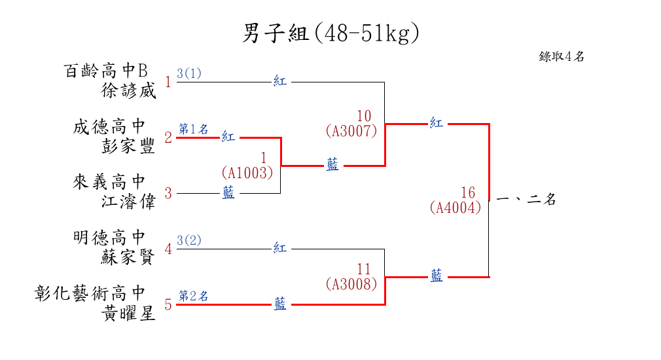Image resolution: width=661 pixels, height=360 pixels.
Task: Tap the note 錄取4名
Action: [562, 57]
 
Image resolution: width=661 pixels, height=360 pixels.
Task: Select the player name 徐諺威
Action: [129, 91]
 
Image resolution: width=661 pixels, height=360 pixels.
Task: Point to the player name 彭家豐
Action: [129, 146]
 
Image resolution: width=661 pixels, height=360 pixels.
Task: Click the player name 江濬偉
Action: [129, 202]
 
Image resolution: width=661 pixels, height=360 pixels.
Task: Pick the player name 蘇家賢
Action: [129, 257]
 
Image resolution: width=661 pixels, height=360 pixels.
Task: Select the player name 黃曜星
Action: [129, 314]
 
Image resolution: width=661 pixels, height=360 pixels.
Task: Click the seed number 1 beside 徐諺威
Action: [168, 82]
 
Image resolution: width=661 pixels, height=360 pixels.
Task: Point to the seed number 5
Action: [168, 305]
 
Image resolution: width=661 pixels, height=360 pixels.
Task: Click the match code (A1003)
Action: [247, 173]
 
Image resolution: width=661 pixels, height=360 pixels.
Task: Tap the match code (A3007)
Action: [351, 131]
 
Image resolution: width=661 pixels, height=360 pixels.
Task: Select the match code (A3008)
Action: [351, 284]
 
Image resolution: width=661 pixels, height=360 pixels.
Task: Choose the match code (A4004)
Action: [456, 207]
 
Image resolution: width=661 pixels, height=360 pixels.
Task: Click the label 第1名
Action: [193, 129]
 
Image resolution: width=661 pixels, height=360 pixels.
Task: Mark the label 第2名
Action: [193, 296]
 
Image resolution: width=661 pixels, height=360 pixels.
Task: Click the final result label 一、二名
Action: [526, 200]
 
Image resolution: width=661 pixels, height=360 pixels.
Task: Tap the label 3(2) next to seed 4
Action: [189, 240]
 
